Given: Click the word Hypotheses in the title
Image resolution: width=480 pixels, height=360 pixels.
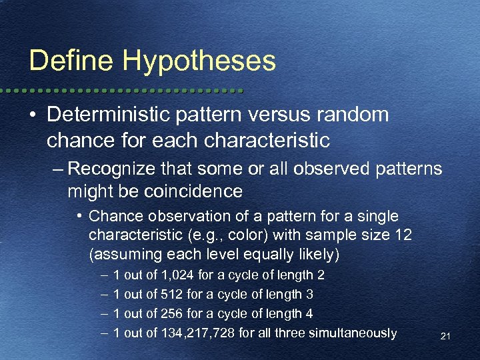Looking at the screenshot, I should [x=198, y=62].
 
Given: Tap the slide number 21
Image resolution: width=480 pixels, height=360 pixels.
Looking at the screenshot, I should [x=445, y=337].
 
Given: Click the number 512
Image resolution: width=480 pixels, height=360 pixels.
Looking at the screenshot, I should [x=175, y=295].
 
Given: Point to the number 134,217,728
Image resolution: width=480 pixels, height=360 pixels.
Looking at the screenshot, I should [x=199, y=333].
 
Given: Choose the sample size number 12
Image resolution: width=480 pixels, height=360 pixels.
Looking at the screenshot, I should [x=403, y=235].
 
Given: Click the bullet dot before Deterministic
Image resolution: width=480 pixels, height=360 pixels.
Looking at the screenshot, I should [x=33, y=115].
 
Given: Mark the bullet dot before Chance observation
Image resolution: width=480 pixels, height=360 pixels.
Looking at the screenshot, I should [x=79, y=217].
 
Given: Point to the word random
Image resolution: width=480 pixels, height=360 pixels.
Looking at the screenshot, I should [x=356, y=115].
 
